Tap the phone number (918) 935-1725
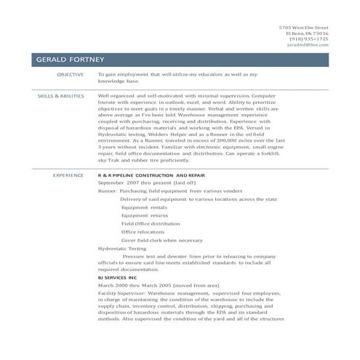pos(309,39)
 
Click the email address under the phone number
pos(308,44)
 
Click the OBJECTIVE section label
pos(70,74)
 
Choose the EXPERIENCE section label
pos(68,175)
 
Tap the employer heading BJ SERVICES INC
pos(117,277)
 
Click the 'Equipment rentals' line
pos(145,207)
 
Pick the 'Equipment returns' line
pos(145,215)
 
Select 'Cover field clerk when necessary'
pos(161,240)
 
